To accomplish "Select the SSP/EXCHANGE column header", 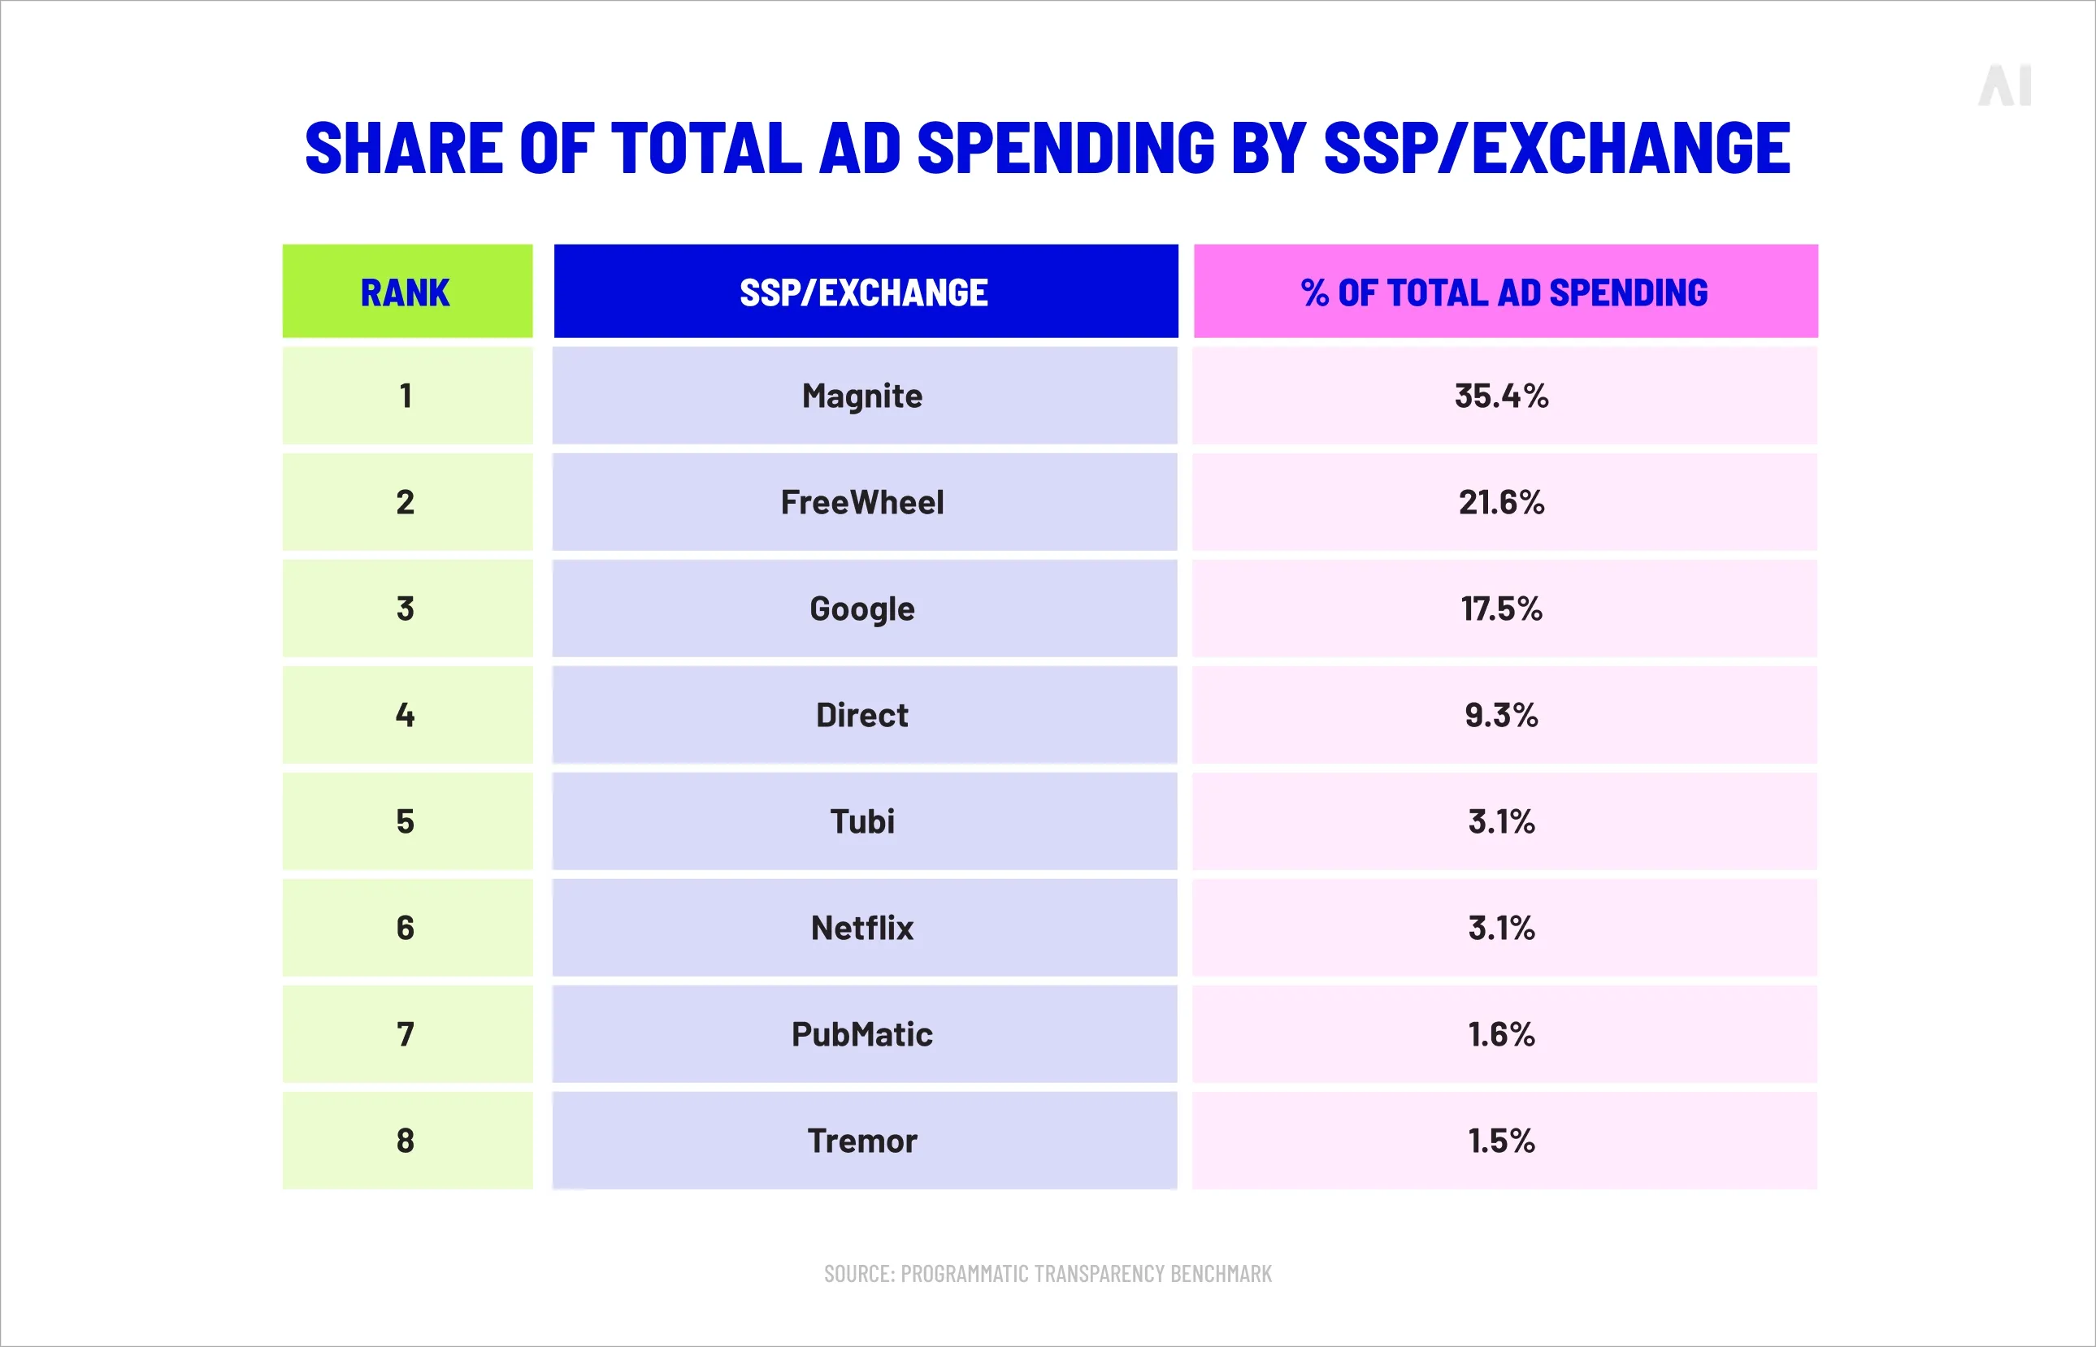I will click(x=864, y=292).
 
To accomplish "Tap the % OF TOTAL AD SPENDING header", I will click(x=1504, y=292).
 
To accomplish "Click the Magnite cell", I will click(x=862, y=396).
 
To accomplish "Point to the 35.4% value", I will click(x=1501, y=396).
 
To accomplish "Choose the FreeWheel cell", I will click(x=862, y=503).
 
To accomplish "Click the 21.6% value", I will click(x=1501, y=503).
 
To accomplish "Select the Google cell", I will click(x=862, y=609).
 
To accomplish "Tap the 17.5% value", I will click(x=1501, y=609).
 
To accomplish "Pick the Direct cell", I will click(x=862, y=716).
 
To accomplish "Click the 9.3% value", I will click(x=1501, y=716).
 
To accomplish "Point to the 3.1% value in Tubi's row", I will click(x=1501, y=822).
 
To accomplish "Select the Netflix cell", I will click(x=862, y=928).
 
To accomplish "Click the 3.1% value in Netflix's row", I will click(x=1501, y=928).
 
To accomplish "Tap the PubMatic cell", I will click(x=862, y=1035).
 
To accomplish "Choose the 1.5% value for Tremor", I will click(x=1501, y=1141).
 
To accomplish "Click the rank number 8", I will click(x=406, y=1141).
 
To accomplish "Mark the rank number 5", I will click(x=406, y=822).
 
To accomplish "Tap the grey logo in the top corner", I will click(x=2004, y=87).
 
